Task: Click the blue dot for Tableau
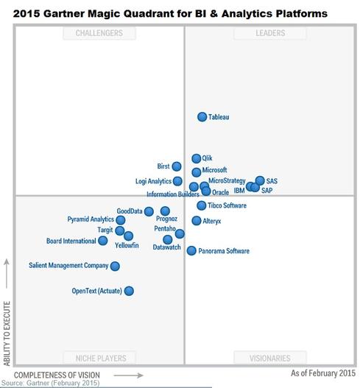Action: coord(202,117)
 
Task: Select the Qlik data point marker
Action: coord(197,158)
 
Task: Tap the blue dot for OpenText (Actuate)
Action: coord(129,291)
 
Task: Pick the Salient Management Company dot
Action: coord(115,266)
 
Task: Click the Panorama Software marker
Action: coord(191,251)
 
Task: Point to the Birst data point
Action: coord(177,166)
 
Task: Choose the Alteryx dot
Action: coord(197,221)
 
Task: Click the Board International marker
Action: coord(103,241)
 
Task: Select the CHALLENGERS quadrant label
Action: coord(99,33)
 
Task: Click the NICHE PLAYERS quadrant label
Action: coord(99,358)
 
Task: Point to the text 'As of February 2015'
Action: coord(322,374)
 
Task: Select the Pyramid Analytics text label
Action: coord(91,219)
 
